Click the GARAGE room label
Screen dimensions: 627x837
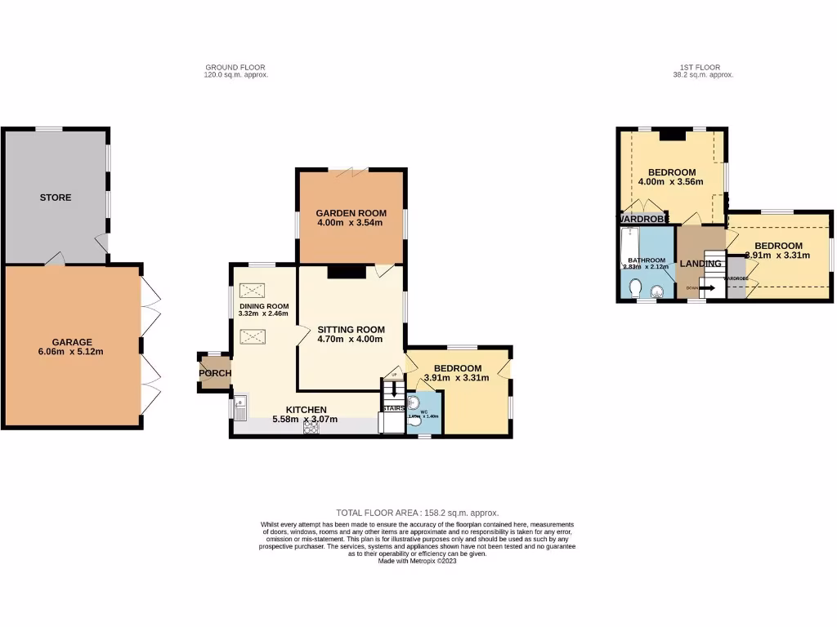tap(73, 342)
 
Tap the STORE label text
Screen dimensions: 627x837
tap(56, 198)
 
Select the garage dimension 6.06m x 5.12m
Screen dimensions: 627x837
tap(73, 352)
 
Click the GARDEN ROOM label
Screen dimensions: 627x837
tap(351, 213)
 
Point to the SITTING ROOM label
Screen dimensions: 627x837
tap(350, 329)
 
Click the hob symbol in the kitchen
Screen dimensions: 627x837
tap(311, 427)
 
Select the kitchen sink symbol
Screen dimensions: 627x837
tap(241, 406)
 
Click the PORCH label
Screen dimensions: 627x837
tap(214, 373)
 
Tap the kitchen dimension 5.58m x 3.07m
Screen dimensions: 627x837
tap(305, 420)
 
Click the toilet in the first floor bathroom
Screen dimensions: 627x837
tap(636, 287)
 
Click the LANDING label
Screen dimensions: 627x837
tap(700, 264)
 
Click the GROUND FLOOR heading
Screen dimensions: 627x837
tap(235, 67)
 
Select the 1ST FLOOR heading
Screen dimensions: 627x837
tap(702, 67)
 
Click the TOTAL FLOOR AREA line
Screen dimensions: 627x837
tap(417, 513)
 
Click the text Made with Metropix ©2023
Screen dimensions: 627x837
tap(417, 561)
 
